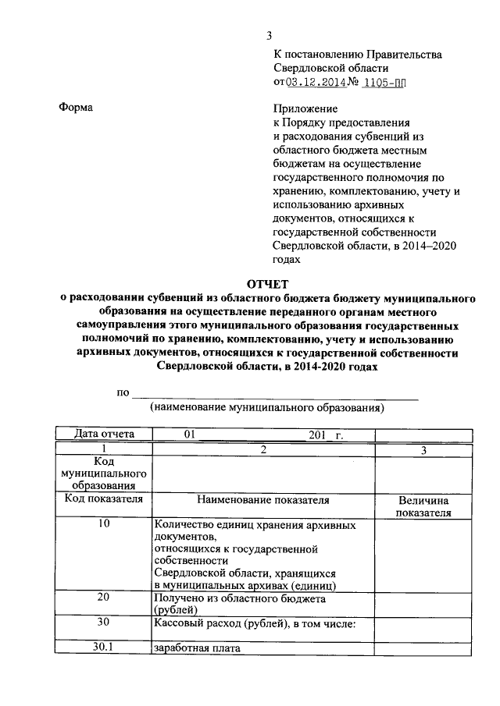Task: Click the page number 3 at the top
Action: pos(270,35)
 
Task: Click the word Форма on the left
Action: pos(76,108)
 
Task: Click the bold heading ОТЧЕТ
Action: pos(270,285)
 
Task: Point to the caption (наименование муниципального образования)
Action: pos(267,407)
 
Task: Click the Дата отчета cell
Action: pos(103,435)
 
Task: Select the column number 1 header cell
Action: pos(103,449)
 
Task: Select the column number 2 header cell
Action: pos(263,449)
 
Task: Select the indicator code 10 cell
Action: pos(103,524)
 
